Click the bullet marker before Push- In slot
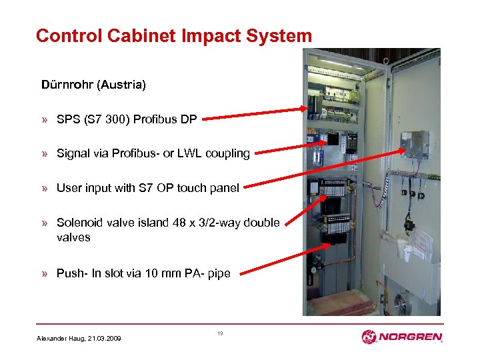[44, 273]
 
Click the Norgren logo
[401, 337]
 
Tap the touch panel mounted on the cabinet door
[414, 144]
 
